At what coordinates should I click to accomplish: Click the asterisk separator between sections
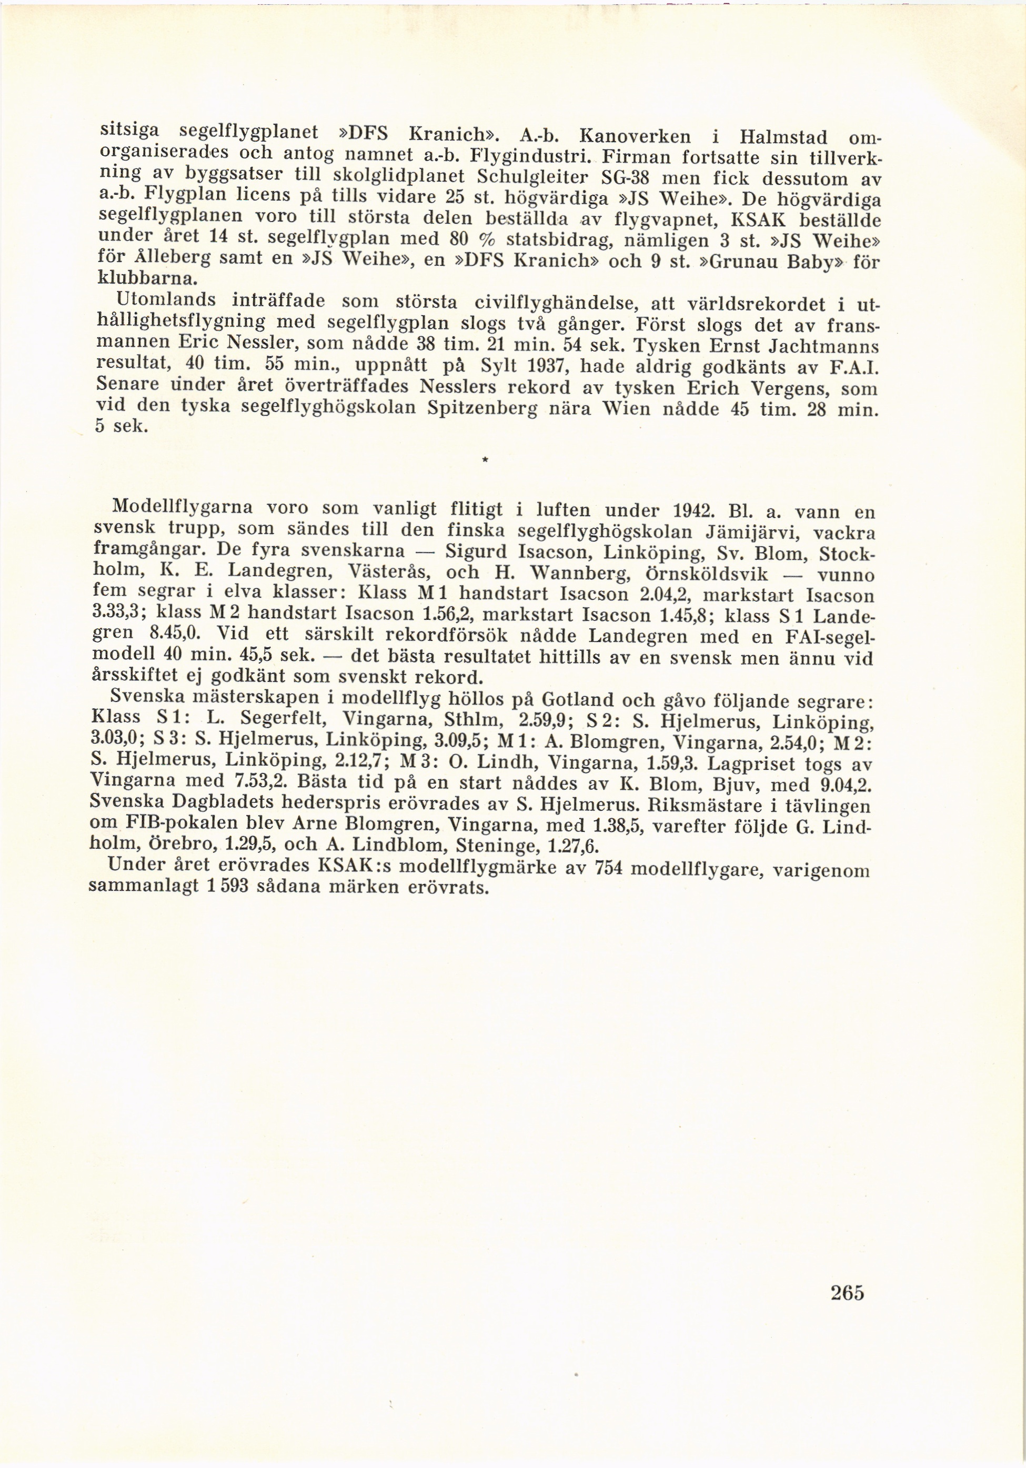click(485, 460)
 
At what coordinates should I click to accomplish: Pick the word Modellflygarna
click(183, 507)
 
